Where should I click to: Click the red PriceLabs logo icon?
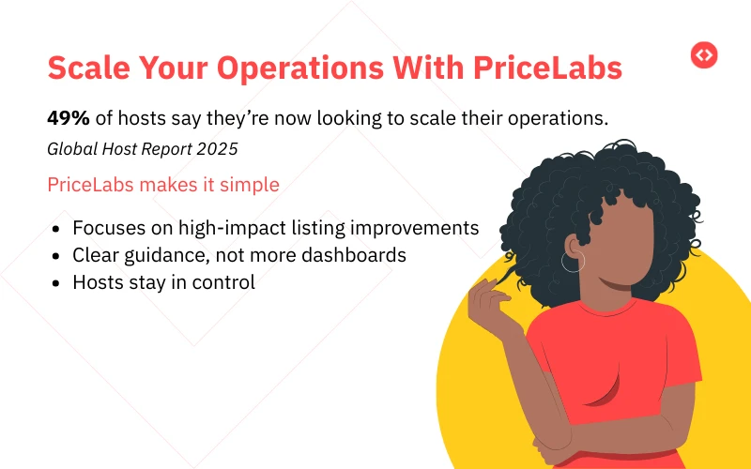pyautogui.click(x=704, y=55)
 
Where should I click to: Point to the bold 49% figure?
pyautogui.click(x=68, y=118)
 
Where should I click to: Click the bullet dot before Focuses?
pyautogui.click(x=59, y=229)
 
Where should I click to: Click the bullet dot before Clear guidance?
pyautogui.click(x=59, y=255)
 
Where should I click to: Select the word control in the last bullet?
pyautogui.click(x=224, y=281)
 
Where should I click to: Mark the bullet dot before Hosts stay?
pyautogui.click(x=59, y=281)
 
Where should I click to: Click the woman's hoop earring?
pyautogui.click(x=572, y=261)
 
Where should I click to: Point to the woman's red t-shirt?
pyautogui.click(x=610, y=375)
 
